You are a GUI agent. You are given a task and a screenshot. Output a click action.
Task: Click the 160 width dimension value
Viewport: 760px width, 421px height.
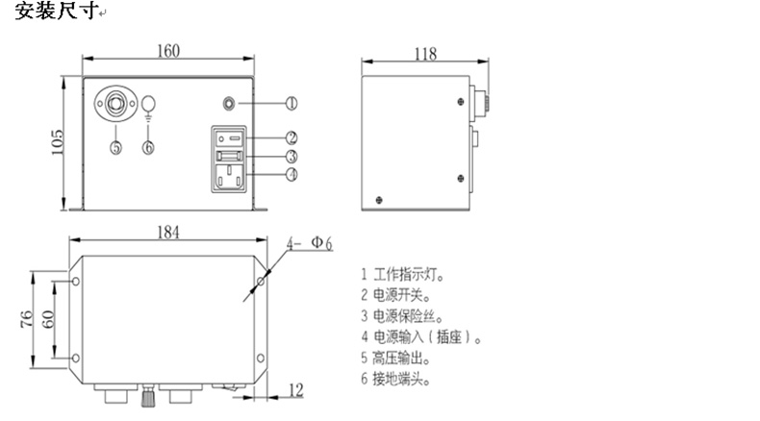[168, 50]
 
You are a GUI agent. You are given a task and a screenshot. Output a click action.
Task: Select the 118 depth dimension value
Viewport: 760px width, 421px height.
[425, 53]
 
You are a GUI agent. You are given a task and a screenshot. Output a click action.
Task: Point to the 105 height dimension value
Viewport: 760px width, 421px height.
[57, 142]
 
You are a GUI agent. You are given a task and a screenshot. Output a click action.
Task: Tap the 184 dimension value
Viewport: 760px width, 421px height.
[168, 232]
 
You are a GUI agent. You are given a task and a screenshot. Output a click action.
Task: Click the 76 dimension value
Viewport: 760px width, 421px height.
[27, 319]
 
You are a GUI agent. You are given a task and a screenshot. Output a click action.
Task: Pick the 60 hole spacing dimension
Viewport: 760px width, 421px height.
[47, 319]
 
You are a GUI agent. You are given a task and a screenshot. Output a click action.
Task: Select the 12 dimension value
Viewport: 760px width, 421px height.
[295, 390]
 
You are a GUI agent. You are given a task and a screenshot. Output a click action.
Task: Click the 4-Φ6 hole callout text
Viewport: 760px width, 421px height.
[309, 243]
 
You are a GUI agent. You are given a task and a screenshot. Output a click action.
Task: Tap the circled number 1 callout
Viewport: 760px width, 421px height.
[291, 103]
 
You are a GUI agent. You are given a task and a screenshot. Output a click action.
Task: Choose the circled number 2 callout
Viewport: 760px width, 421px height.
[291, 138]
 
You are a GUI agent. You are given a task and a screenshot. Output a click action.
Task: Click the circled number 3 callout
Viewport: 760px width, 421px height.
[291, 156]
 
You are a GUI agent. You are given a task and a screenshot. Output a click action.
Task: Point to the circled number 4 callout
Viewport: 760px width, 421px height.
[291, 174]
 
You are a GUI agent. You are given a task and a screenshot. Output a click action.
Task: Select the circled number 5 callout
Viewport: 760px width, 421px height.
[115, 147]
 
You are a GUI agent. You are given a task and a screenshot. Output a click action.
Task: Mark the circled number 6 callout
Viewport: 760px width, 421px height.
[148, 147]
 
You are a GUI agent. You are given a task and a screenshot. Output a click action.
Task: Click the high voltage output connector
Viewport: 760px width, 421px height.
[115, 104]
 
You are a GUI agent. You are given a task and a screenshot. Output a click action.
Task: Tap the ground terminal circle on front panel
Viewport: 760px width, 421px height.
[149, 104]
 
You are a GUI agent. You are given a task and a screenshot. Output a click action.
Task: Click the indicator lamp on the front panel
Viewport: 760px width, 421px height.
[229, 103]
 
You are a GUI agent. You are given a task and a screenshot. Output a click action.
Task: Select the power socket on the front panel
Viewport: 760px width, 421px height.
[228, 177]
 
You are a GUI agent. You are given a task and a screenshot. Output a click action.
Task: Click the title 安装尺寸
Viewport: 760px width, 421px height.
[56, 11]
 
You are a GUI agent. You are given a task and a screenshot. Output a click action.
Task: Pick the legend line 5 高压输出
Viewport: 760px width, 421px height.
[395, 358]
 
